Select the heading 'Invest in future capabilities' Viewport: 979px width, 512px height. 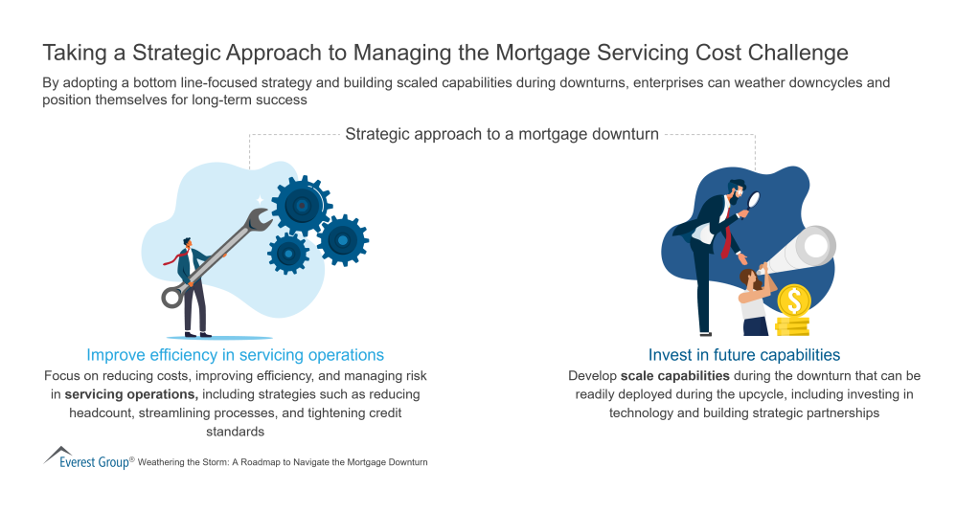coord(743,355)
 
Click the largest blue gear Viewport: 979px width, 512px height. coord(301,206)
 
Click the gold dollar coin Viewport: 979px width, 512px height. coord(793,302)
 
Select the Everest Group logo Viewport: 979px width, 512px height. coord(87,459)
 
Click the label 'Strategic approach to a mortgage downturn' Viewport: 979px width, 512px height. coord(502,134)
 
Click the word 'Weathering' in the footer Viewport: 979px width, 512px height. coord(165,462)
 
